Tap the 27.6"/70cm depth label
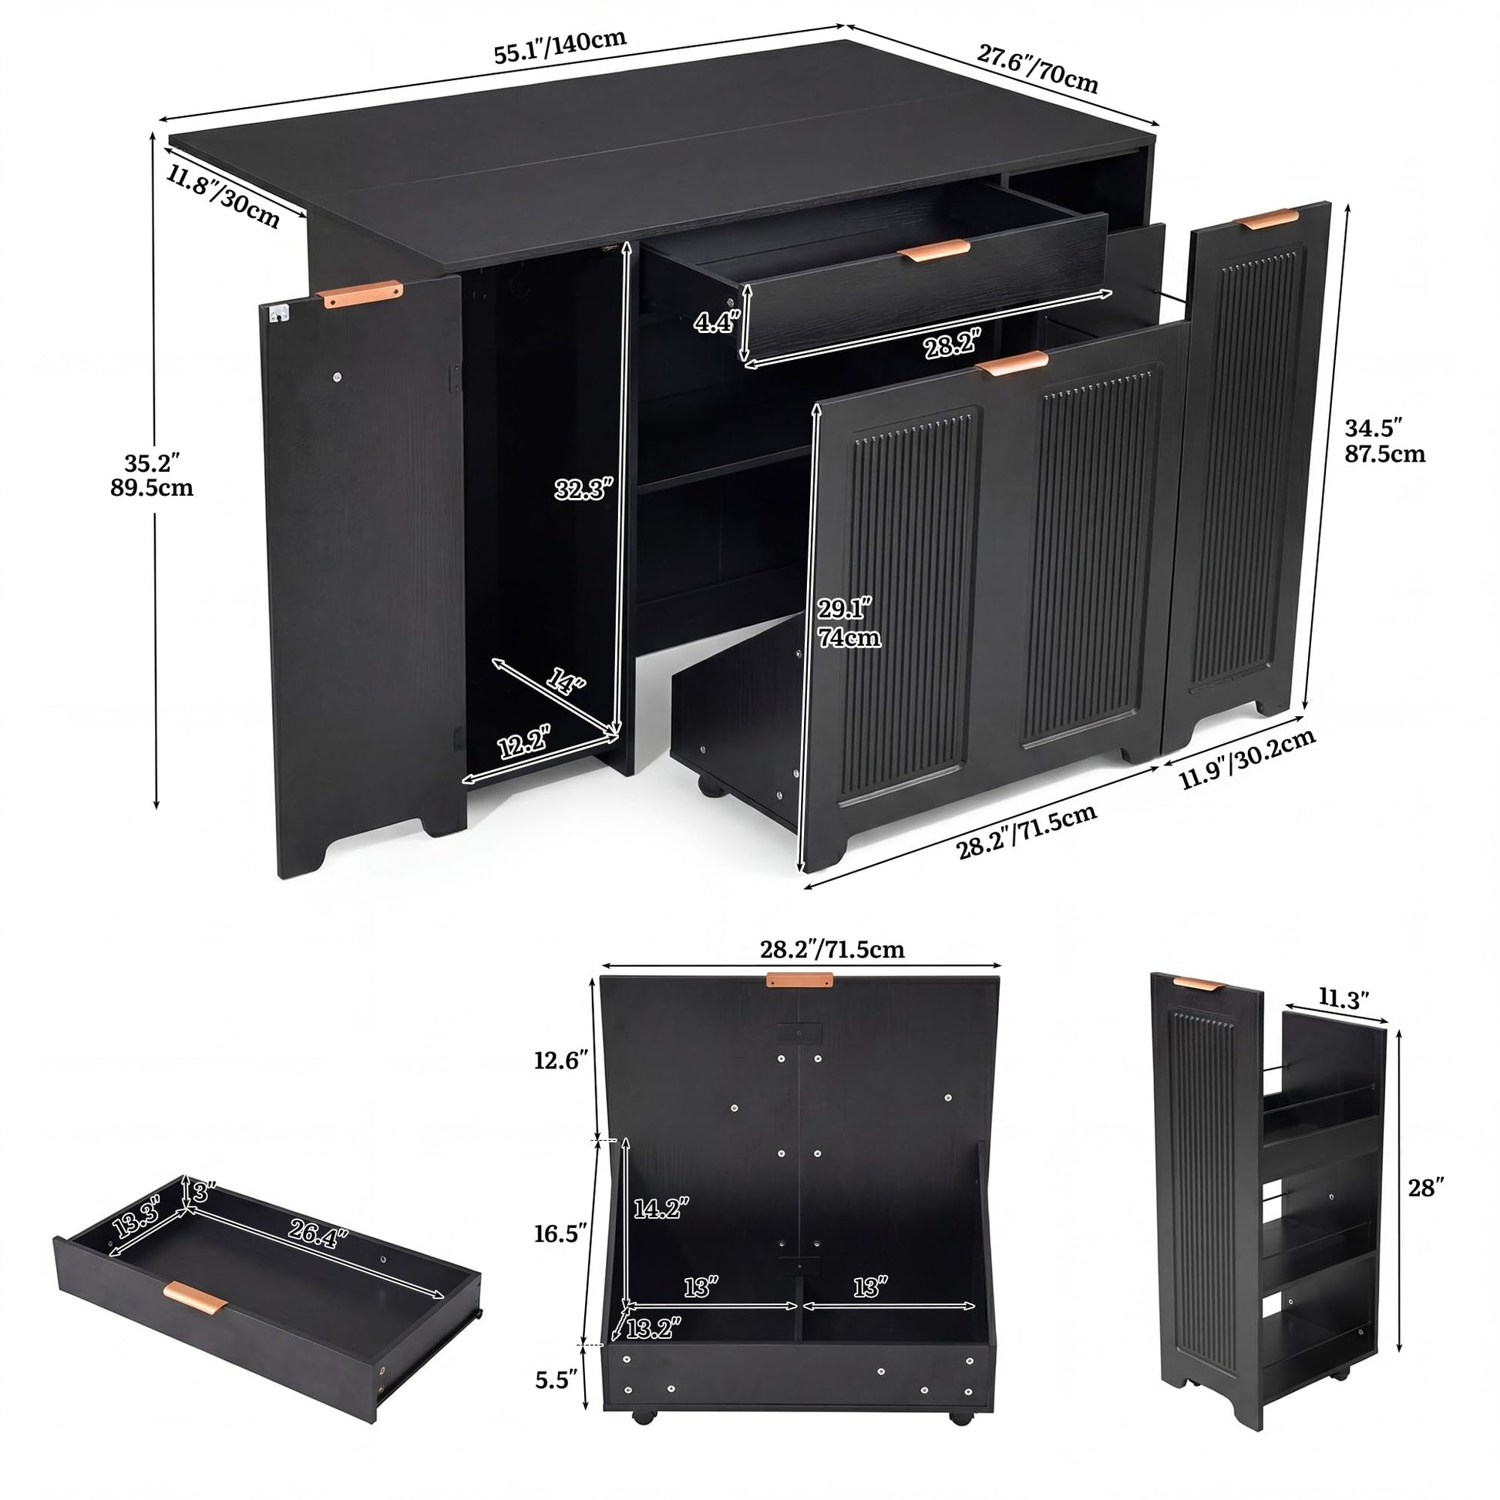point(1038,69)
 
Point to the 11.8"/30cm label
point(223,197)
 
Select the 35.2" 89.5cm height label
point(152,475)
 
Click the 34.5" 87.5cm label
point(1385,440)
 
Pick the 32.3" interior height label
point(584,489)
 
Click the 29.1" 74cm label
point(848,622)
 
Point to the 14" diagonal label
point(564,684)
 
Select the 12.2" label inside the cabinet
point(524,742)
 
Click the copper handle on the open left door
point(359,294)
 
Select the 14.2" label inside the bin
point(661,1207)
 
